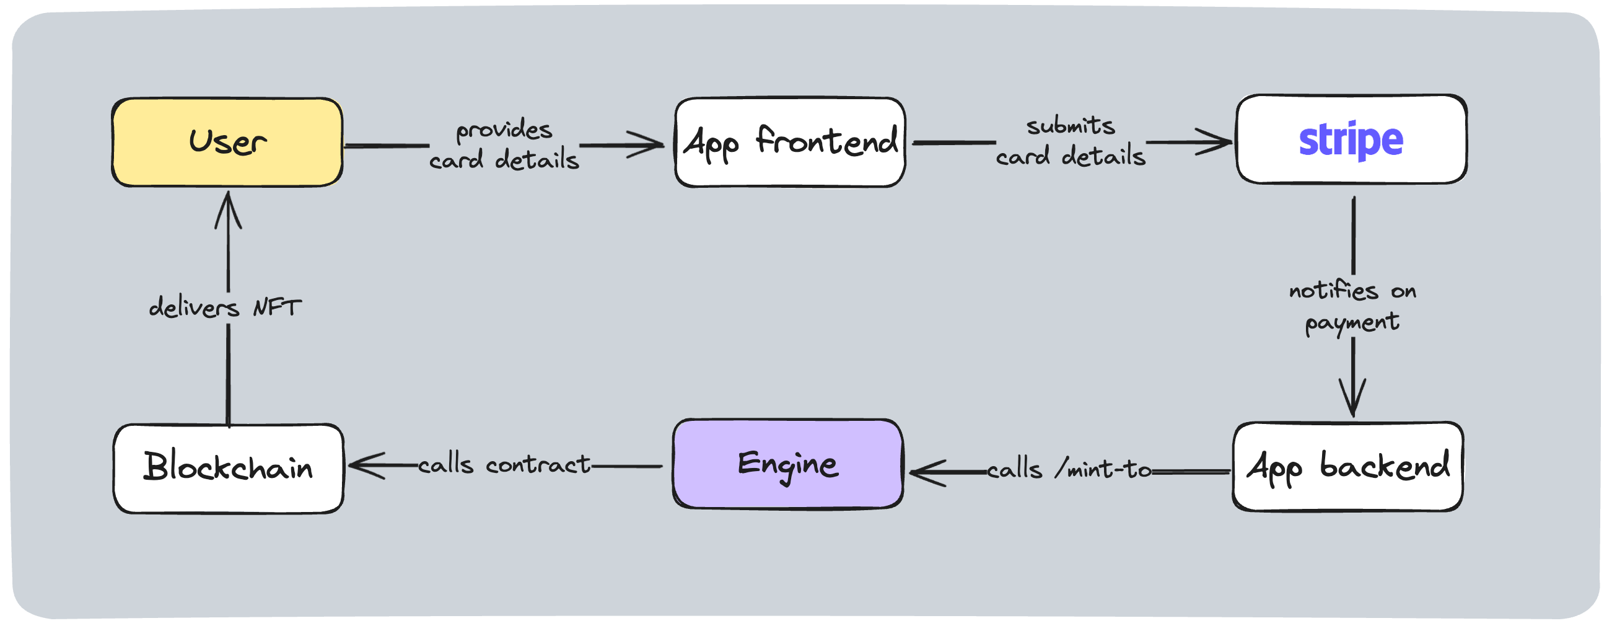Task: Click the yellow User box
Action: (x=227, y=142)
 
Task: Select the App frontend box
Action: (x=790, y=142)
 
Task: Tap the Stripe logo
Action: (x=1351, y=140)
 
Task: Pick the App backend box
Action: (x=1347, y=467)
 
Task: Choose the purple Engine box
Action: (x=788, y=464)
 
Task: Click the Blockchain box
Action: (x=229, y=468)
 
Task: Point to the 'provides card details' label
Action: (x=504, y=144)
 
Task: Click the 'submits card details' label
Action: (x=1071, y=141)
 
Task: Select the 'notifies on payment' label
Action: (x=1352, y=306)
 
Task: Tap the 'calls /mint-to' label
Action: (x=1069, y=469)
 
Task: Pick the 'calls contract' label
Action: (x=504, y=464)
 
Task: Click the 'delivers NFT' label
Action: (x=226, y=307)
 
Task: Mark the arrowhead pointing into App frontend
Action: (x=650, y=144)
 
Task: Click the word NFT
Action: (x=276, y=307)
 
